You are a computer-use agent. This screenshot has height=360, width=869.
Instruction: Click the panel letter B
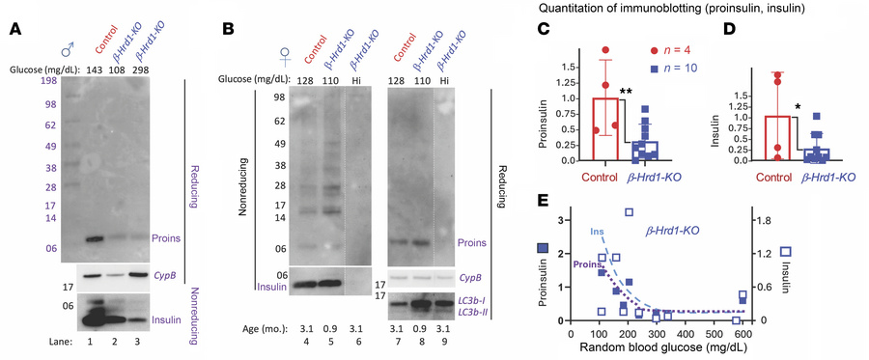(x=229, y=30)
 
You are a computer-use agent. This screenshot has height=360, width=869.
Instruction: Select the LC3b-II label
(x=469, y=313)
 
